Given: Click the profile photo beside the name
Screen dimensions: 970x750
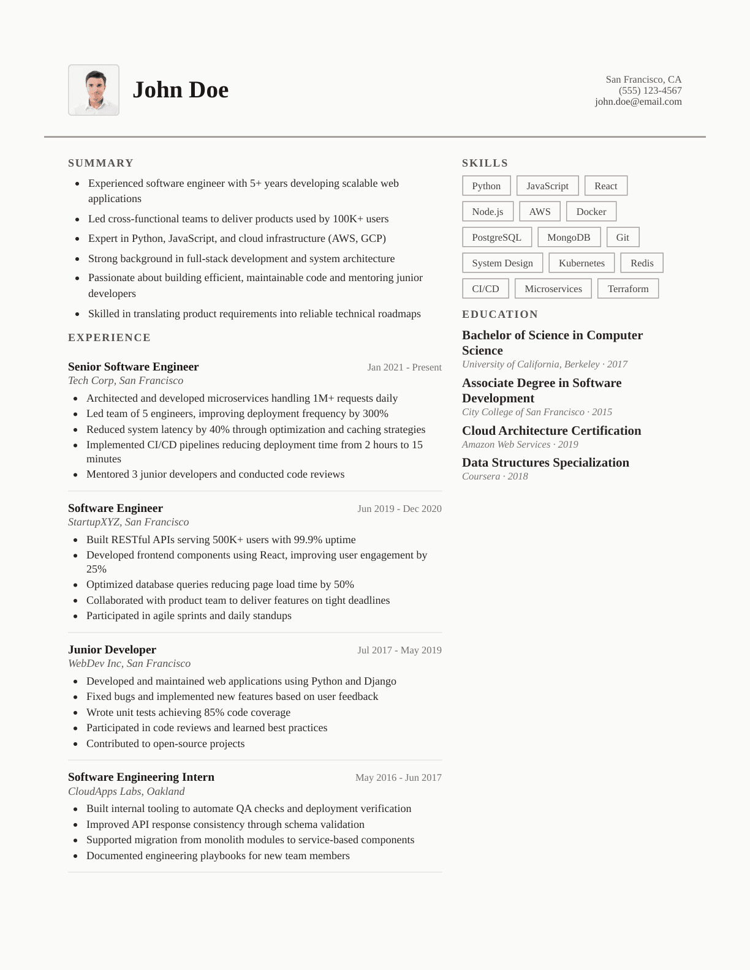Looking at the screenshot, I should pos(94,90).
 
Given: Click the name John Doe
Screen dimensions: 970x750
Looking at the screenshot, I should pos(180,90).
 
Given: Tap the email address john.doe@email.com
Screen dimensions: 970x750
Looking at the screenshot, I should pos(638,102).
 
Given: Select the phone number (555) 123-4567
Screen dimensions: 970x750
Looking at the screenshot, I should pos(650,91).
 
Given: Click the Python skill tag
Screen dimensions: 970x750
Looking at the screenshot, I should pos(487,186).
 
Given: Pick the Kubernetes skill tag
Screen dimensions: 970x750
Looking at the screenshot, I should pos(581,263).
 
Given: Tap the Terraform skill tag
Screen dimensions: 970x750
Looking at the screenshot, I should pos(628,289).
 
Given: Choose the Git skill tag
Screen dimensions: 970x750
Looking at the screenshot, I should pos(623,238).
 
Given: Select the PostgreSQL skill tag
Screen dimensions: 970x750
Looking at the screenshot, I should pos(496,238).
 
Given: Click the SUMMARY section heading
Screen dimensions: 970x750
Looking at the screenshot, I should pos(100,163).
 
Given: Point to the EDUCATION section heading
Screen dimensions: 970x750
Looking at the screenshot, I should pos(500,314).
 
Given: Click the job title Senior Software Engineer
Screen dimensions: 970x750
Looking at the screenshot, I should pos(133,367).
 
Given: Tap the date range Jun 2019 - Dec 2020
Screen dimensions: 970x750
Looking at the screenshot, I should pos(400,509).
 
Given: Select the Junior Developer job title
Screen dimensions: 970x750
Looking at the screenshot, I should pos(112,650).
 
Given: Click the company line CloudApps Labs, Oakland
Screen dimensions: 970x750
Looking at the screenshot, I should pos(126,791).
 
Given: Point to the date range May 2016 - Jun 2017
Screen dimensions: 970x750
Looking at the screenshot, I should pos(398,778).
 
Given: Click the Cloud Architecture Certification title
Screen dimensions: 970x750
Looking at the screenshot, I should pos(551,430).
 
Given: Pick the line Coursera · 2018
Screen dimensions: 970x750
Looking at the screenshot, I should pos(494,476).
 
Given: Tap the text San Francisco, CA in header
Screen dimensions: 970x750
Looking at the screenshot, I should pos(643,80).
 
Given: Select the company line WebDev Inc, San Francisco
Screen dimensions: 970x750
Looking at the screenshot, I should pos(129,664).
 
